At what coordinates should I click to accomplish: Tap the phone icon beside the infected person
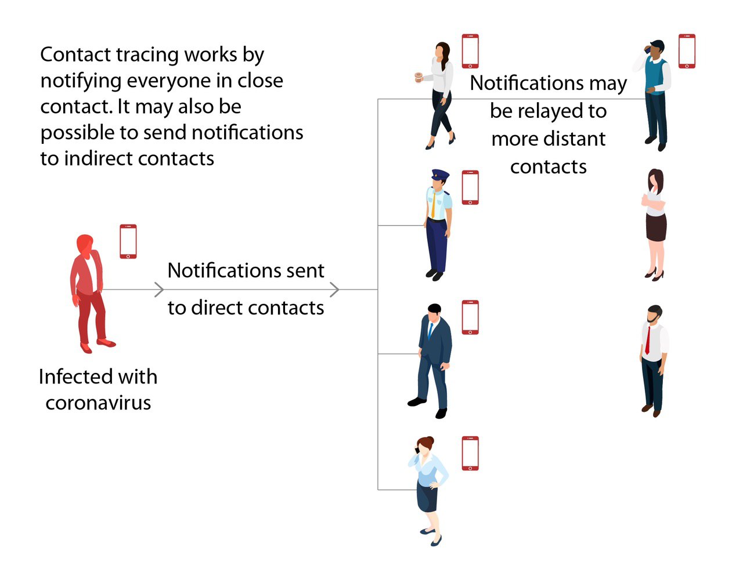(128, 241)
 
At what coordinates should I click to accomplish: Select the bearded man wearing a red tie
(653, 360)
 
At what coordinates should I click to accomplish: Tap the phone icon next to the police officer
(470, 187)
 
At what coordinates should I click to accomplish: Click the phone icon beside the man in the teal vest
(687, 51)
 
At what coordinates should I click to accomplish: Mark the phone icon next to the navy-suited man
(470, 317)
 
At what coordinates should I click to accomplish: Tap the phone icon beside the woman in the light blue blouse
(470, 453)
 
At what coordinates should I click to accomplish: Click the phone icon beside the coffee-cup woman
(470, 51)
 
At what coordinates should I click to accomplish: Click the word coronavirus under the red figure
(98, 403)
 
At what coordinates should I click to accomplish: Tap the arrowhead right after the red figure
(159, 289)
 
